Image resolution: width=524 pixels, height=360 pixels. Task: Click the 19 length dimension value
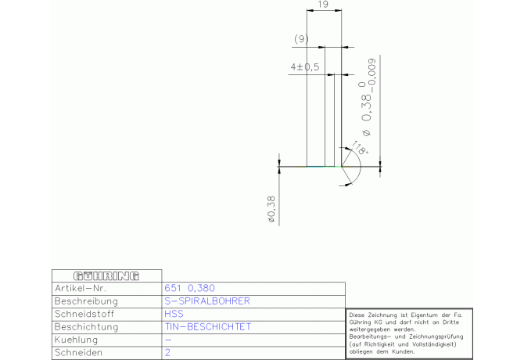323,5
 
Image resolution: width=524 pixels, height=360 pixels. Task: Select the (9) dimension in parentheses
301,39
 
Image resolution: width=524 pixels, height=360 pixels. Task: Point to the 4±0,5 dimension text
305,67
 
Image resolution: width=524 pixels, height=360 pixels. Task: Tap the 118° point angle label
359,148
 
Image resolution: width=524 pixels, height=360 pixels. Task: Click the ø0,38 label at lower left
271,210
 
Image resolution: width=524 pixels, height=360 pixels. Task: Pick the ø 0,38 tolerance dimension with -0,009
368,98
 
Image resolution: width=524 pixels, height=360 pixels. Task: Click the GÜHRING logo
106,276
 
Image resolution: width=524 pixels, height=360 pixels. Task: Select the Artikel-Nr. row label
81,288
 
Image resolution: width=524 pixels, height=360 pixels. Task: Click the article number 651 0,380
189,288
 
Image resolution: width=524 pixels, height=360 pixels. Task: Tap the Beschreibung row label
86,301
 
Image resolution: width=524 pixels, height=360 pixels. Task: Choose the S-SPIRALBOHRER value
207,301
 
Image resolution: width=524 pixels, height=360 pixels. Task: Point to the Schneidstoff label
84,314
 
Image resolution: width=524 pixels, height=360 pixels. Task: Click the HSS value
174,314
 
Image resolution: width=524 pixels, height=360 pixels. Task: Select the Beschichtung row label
87,326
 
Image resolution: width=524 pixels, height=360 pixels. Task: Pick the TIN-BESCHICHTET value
207,326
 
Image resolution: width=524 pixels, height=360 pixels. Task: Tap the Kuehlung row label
76,340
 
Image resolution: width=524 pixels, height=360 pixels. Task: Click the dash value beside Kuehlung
168,340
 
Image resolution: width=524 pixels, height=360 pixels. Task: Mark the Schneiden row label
78,352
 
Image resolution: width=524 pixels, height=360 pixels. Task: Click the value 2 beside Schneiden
167,352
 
